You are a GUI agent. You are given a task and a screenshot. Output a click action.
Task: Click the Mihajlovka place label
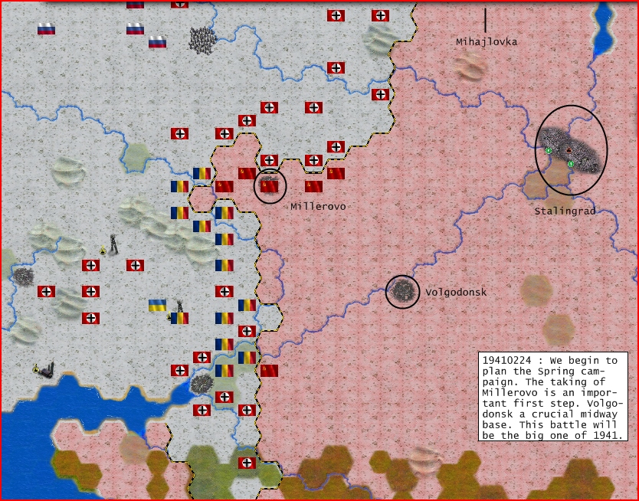pos(487,42)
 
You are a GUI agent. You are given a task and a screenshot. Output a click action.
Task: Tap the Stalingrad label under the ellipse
pos(565,211)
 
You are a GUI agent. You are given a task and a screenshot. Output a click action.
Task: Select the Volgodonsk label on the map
pos(456,293)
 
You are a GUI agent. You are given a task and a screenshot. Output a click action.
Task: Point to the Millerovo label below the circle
pos(316,207)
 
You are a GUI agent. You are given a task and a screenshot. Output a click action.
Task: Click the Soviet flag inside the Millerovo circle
pos(270,185)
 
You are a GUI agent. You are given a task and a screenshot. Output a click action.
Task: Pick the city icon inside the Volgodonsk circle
pos(402,290)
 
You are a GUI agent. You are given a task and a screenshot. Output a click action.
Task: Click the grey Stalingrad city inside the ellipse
pos(571,149)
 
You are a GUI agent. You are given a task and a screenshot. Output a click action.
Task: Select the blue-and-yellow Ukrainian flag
pos(157,305)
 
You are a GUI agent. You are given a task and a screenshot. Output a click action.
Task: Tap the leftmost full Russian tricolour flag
pos(46,29)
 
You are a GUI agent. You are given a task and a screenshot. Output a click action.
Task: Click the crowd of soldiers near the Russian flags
pos(202,40)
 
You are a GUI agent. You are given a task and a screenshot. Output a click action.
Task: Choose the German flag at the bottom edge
pos(247,463)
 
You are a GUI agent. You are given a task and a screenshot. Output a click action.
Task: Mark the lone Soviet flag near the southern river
pos(269,371)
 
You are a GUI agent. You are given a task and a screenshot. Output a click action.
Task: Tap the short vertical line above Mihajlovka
pos(484,20)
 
